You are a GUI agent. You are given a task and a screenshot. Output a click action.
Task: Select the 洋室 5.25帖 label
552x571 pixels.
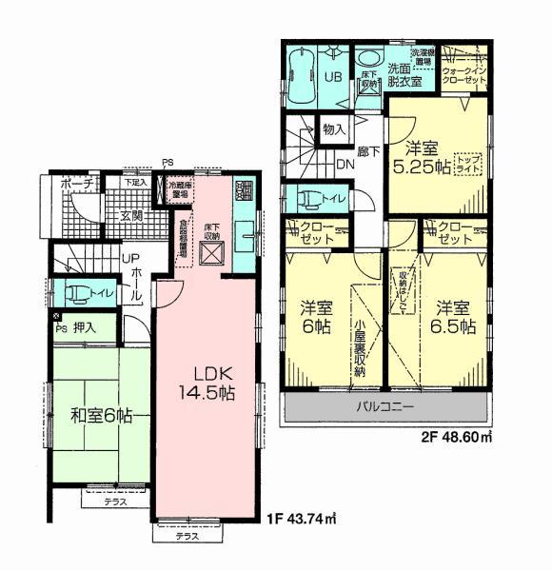point(423,157)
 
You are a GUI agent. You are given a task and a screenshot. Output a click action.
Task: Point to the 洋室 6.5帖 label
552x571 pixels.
point(456,317)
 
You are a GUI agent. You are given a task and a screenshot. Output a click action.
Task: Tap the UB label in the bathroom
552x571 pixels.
point(335,75)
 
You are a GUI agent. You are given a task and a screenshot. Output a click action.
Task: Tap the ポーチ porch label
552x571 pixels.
point(74,183)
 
